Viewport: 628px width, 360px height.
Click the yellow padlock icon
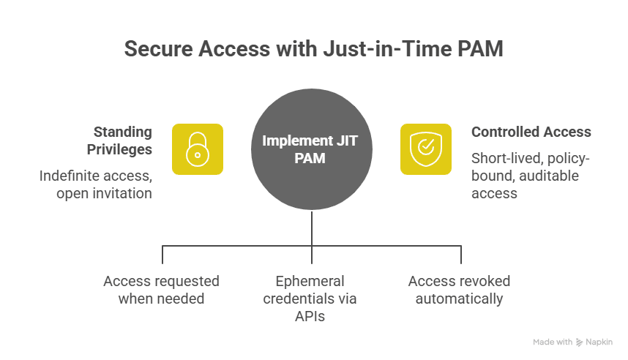pyautogui.click(x=198, y=149)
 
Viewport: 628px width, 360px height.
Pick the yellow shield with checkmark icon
pyautogui.click(x=426, y=149)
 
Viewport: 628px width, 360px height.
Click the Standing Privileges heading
pyautogui.click(x=122, y=140)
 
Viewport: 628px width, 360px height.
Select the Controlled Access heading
pyautogui.click(x=531, y=132)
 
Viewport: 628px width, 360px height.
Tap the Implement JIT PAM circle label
pyautogui.click(x=313, y=149)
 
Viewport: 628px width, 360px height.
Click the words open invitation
pyautogui.click(x=104, y=194)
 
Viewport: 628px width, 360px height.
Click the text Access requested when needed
pyautogui.click(x=161, y=290)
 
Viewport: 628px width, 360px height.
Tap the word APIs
pyautogui.click(x=313, y=316)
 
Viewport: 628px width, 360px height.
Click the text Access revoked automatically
pyautogui.click(x=459, y=290)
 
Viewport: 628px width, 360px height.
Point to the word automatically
pyautogui.click(x=459, y=299)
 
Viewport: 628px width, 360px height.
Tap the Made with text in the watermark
pyautogui.click(x=553, y=342)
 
